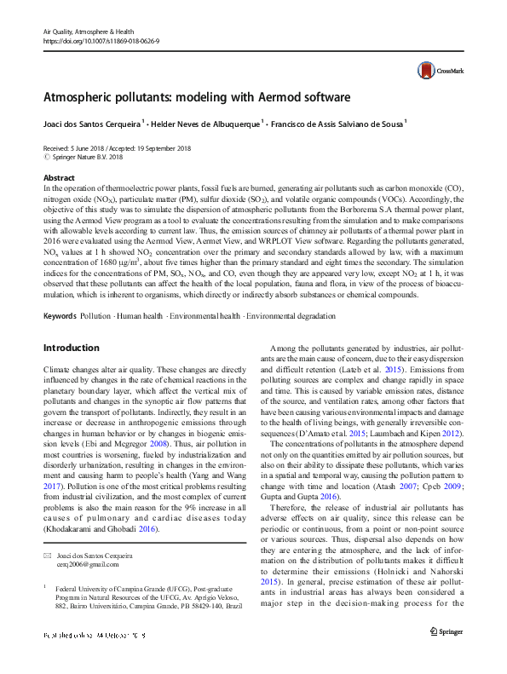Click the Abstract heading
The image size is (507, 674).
tap(59, 177)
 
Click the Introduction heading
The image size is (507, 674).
tap(71, 348)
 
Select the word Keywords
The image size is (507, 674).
tap(60, 315)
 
